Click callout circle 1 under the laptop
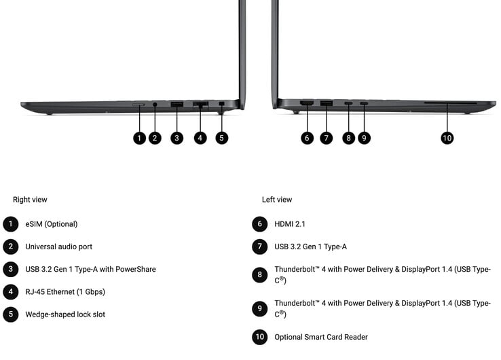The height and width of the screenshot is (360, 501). tap(139, 138)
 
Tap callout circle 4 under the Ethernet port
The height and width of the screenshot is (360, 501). tap(200, 138)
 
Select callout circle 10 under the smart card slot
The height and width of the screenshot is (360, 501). tap(447, 138)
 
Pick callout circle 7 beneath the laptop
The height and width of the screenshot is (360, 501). tap(326, 138)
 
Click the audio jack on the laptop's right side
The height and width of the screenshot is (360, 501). tap(155, 104)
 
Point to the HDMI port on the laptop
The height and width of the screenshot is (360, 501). tap(306, 103)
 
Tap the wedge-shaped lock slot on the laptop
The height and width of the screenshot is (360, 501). tap(222, 104)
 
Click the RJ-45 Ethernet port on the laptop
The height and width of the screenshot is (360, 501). tap(200, 104)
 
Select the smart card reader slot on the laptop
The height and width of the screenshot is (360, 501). tap(450, 103)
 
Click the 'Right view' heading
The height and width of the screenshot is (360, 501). tap(30, 200)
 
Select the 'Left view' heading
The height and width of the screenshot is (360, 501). tap(277, 200)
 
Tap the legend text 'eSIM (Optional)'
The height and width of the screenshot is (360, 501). tap(52, 224)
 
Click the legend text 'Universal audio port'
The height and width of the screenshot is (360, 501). tap(59, 247)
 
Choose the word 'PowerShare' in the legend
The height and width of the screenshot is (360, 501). tap(136, 269)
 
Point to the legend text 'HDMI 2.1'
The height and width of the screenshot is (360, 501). tap(290, 224)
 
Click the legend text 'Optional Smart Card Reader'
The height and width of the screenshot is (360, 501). tap(321, 337)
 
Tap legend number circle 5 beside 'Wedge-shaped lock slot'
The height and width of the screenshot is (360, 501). tap(11, 314)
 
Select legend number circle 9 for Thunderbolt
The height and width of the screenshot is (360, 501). tap(260, 308)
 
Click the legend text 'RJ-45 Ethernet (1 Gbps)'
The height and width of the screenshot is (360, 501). tap(65, 292)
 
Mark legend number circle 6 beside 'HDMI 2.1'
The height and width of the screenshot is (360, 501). tap(260, 224)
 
